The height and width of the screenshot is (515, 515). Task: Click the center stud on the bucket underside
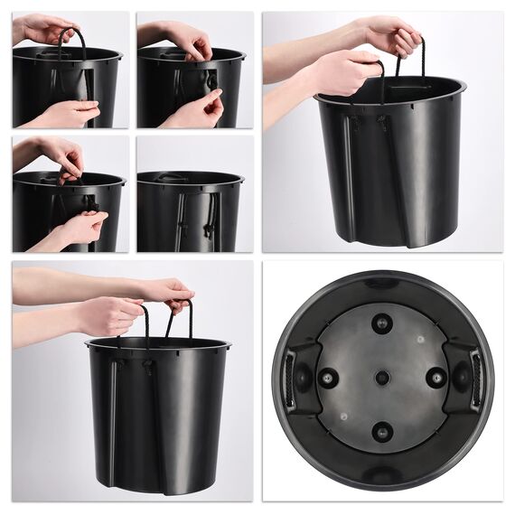click(x=382, y=377)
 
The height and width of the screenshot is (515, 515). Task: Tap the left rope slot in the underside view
click(x=289, y=378)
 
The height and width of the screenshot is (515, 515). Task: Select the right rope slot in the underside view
click(x=476, y=378)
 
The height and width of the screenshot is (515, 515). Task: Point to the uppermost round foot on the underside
click(x=382, y=323)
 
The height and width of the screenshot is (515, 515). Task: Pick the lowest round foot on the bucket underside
click(x=382, y=431)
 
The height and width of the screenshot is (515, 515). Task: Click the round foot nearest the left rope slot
click(x=328, y=378)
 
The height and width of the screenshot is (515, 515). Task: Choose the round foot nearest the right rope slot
click(x=437, y=378)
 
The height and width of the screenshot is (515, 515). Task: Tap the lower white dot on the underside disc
click(x=343, y=417)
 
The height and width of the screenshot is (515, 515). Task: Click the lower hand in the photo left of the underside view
click(x=108, y=316)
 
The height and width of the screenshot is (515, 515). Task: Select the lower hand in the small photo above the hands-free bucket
click(x=194, y=110)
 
